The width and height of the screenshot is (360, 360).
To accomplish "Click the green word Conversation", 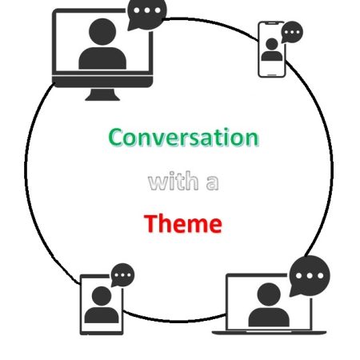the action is [183, 137].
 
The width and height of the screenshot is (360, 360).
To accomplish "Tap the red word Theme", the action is [183, 223].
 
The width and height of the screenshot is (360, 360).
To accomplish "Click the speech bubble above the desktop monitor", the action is [146, 14].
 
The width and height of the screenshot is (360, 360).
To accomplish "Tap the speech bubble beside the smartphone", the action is [292, 32].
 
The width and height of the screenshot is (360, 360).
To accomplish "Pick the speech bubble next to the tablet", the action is [122, 275].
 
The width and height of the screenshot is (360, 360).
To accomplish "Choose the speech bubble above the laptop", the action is [310, 276].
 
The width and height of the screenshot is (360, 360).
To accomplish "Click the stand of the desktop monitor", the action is [102, 94].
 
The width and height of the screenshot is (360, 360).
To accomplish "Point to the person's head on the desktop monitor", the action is [102, 32].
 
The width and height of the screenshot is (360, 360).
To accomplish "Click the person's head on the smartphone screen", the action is [272, 44].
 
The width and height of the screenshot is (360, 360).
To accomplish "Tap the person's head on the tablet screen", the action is [102, 296].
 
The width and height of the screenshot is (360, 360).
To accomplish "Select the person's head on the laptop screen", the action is [269, 294].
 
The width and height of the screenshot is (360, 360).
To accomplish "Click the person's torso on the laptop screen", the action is [269, 317].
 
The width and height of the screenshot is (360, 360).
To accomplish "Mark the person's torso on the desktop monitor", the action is [102, 58].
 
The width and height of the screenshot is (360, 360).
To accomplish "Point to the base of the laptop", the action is [269, 332].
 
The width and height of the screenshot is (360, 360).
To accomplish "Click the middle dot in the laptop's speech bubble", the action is [310, 275].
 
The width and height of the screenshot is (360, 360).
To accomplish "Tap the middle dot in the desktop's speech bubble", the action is [147, 10].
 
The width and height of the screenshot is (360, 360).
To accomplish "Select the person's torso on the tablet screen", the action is [102, 315].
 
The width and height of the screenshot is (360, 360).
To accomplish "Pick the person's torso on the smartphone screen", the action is [272, 56].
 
